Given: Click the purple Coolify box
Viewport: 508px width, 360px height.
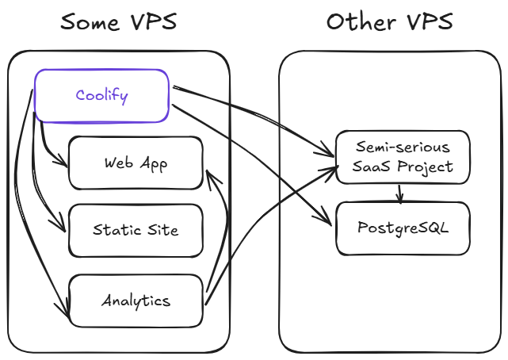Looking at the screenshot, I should pos(101,96).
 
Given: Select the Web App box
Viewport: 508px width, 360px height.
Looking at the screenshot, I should pos(136,163).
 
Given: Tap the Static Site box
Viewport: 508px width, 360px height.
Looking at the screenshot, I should pos(136,231).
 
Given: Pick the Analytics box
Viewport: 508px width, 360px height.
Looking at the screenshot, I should pos(136,301).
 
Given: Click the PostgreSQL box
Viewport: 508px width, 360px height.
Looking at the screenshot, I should pos(403,228).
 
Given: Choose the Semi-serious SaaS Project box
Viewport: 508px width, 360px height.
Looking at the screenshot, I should pos(403,157).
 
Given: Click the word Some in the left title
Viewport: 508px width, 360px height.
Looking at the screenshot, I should pos(89,22).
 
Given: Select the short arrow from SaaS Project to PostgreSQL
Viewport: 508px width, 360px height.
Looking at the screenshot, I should pos(400,193).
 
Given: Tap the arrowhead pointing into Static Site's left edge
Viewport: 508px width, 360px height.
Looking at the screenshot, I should pos(63,229).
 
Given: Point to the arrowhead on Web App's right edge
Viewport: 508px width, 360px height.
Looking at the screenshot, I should pos(208,174).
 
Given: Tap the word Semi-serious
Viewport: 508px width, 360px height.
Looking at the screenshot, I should pos(403,147).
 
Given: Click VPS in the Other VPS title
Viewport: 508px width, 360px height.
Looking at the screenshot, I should pos(427,22).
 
